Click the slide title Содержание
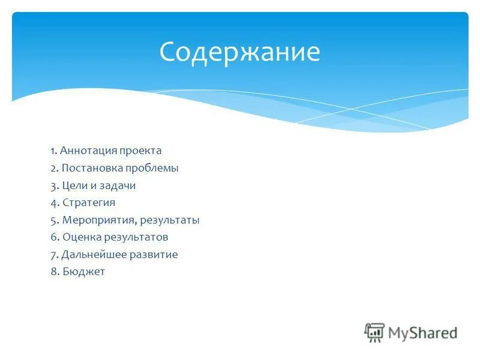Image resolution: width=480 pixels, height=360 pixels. tap(239, 52)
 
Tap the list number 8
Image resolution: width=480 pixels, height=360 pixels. tap(53, 272)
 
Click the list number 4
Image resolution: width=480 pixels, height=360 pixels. tap(53, 203)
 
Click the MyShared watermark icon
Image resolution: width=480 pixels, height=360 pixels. tap(374, 332)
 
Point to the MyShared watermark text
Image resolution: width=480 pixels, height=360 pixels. tap(422, 332)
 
